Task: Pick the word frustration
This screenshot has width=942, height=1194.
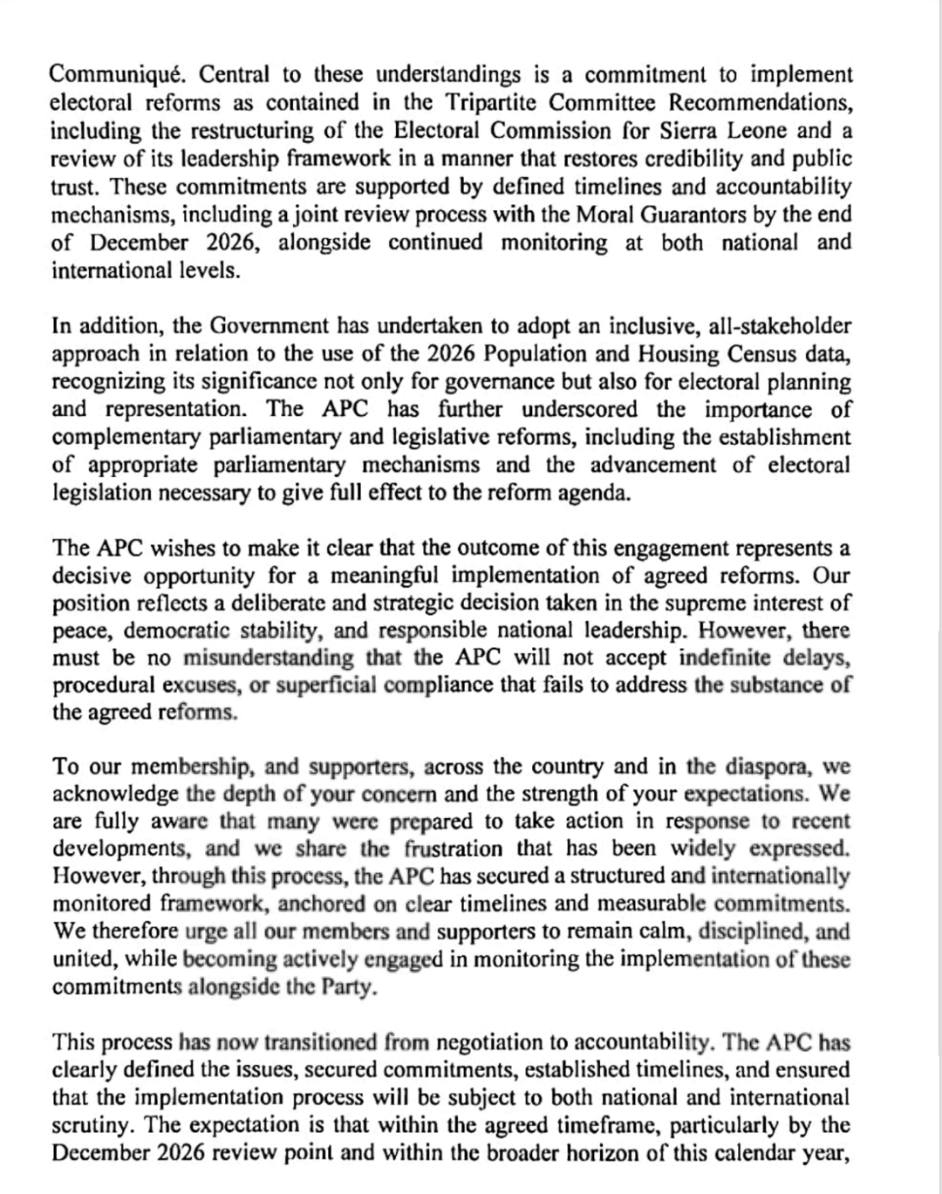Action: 454,849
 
